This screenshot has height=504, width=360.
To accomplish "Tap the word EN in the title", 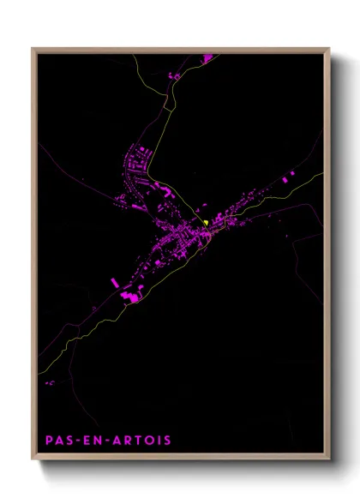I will pyautogui.click(x=91, y=441).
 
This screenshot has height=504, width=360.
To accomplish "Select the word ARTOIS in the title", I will pyautogui.click(x=141, y=441).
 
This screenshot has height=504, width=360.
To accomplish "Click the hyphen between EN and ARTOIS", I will pyautogui.click(x=106, y=441).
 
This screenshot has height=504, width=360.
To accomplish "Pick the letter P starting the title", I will pyautogui.click(x=49, y=441).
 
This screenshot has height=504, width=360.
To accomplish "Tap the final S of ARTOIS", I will pyautogui.click(x=167, y=441).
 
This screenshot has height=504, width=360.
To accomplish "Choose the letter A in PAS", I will pyautogui.click(x=58, y=441).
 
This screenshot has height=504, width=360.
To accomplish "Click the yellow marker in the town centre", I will pyautogui.click(x=207, y=224).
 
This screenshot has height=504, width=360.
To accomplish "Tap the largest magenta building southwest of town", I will pyautogui.click(x=130, y=297).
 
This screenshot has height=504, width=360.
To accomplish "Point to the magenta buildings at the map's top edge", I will pyautogui.click(x=207, y=57).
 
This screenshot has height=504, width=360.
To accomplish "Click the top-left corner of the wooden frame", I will pyautogui.click(x=33, y=49).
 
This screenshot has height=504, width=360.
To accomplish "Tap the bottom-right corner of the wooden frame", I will pyautogui.click(x=329, y=459).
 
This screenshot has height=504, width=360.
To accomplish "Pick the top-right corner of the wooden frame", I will pyautogui.click(x=329, y=49).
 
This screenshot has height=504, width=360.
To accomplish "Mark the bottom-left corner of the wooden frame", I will pyautogui.click(x=33, y=459).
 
